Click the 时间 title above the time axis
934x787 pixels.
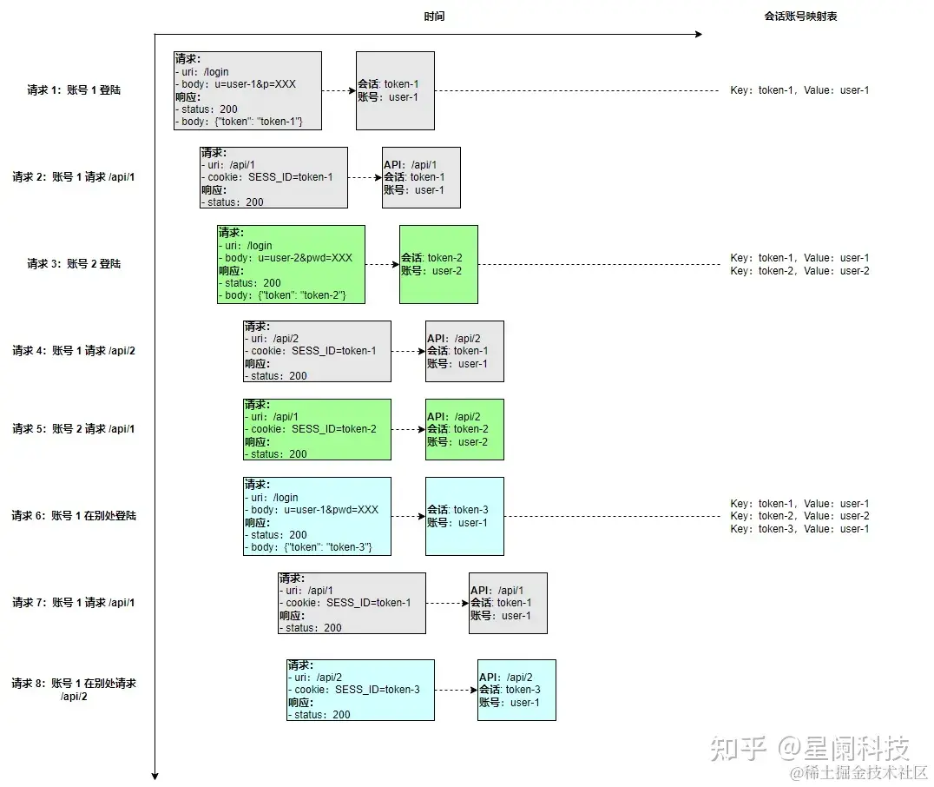(434, 17)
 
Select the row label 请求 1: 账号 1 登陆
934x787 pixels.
(74, 90)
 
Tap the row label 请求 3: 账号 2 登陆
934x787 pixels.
(74, 264)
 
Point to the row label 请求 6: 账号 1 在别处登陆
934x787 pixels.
(74, 516)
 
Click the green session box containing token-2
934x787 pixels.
(438, 264)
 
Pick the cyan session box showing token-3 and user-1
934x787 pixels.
(464, 516)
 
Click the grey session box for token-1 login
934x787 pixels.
(395, 90)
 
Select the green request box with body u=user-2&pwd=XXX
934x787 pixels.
(291, 264)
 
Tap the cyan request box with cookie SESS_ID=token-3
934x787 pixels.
(360, 690)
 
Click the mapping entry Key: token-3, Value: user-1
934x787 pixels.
(799, 529)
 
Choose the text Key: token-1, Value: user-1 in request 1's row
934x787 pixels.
(799, 90)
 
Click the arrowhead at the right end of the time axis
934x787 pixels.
(697, 35)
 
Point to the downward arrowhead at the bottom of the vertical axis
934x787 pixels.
(155, 776)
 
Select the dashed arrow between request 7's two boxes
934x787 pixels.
(447, 603)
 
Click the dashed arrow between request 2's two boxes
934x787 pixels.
(365, 177)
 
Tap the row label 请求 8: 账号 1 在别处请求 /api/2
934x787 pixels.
(74, 690)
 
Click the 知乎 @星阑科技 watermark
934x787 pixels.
(809, 748)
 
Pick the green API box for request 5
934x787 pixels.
(464, 429)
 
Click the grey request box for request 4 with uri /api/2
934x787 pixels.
(317, 351)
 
